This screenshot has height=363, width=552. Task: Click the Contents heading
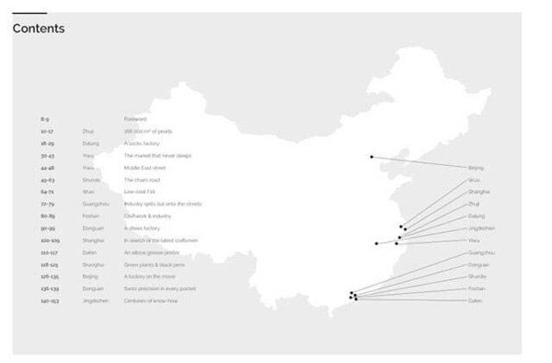point(39,29)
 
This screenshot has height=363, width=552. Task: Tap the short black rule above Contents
point(29,13)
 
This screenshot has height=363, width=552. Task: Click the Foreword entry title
point(134,119)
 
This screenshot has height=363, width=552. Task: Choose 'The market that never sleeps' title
point(157,156)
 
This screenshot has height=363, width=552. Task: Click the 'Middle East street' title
point(144,168)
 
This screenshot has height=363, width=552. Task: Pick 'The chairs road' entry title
point(142,180)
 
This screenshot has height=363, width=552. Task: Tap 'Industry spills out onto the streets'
point(162,204)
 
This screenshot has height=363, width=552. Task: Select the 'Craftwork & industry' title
point(147,216)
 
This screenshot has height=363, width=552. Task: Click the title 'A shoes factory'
point(142,228)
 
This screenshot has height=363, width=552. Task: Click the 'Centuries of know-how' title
point(149,300)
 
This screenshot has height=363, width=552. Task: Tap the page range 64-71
point(47,192)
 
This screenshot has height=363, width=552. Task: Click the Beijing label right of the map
point(476,168)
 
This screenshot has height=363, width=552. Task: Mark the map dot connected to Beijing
point(372,157)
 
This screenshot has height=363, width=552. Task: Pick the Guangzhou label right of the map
point(481,252)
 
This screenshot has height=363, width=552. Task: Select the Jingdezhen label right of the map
point(482,228)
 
